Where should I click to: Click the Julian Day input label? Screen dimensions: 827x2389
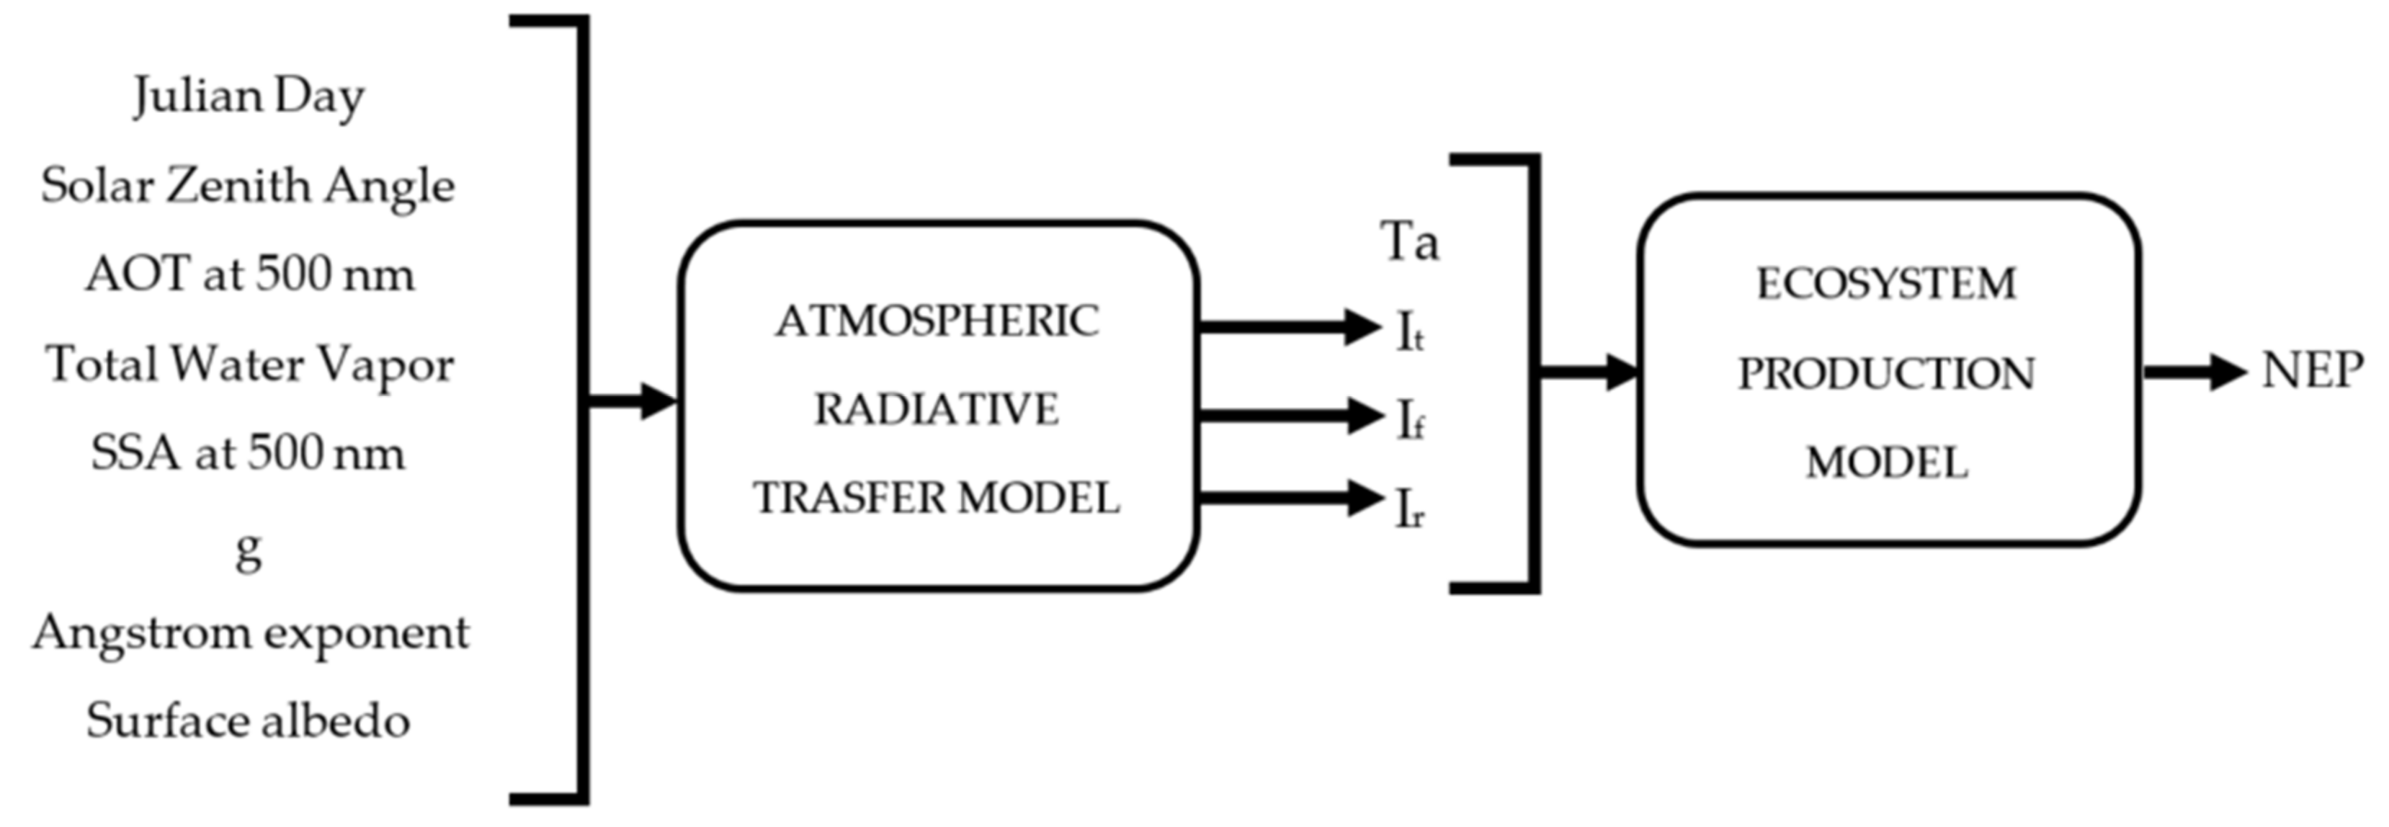click(249, 97)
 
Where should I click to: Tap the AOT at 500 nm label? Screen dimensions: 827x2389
click(249, 275)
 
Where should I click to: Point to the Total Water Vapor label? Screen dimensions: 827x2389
click(249, 365)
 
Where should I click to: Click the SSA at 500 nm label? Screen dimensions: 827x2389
click(248, 453)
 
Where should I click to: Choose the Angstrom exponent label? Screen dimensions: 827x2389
click(251, 634)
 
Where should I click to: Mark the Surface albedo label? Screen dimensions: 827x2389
click(248, 721)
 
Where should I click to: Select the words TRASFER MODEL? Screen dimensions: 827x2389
click(937, 498)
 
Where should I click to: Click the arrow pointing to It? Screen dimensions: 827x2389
click(1289, 326)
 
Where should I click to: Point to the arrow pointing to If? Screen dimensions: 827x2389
click(1289, 414)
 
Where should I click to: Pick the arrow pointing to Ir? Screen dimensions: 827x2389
click(1289, 498)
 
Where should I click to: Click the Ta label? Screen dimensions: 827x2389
click(1411, 242)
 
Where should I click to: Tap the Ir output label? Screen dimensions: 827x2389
click(1410, 510)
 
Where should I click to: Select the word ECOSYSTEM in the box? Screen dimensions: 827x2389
click(1886, 284)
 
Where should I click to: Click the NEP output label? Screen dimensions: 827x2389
click(2312, 372)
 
